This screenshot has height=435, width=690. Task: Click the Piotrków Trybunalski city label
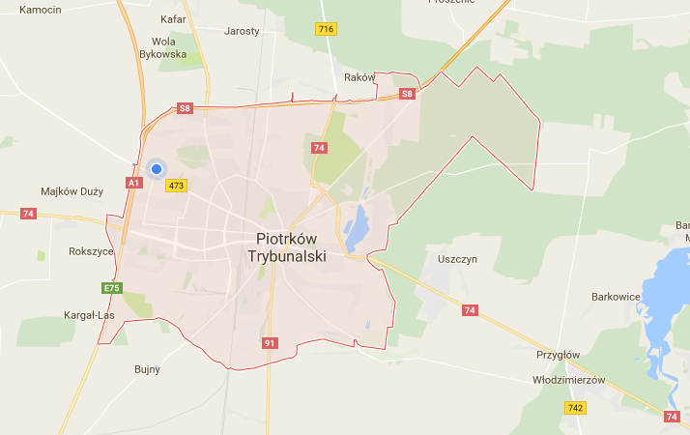pos(291,247)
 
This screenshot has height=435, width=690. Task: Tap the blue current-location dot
pos(157,169)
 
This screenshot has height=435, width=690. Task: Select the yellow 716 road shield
pos(326,29)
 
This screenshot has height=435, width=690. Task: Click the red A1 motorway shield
pos(133,182)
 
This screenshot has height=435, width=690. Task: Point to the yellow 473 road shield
pos(176,185)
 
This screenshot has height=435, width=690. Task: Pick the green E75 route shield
pos(112,288)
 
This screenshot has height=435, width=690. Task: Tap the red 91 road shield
pos(271,343)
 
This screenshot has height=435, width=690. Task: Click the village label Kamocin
pos(40,10)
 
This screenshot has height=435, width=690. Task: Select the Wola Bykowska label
pos(169,47)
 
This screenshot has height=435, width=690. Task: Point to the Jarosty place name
pos(242,31)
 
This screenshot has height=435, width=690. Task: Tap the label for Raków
pos(359,77)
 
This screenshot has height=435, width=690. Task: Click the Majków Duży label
pos(72,191)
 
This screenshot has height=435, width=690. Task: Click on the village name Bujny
pos(147,369)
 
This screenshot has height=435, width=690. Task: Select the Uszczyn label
pos(457,259)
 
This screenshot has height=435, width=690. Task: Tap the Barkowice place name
pos(616,297)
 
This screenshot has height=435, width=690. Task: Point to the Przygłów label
pos(558,355)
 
